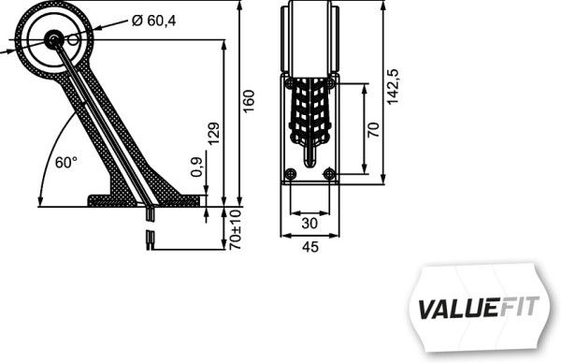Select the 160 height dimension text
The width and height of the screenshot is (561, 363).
pyautogui.click(x=248, y=100)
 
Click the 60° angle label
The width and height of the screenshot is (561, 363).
pyautogui.click(x=65, y=162)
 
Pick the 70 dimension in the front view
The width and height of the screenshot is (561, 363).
pyautogui.click(x=374, y=128)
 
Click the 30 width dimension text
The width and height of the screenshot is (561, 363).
pyautogui.click(x=309, y=225)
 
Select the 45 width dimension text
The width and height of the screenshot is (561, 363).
pyautogui.click(x=309, y=247)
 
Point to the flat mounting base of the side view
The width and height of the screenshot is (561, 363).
pyautogui.click(x=145, y=199)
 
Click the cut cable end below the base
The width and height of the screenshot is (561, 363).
pyautogui.click(x=151, y=241)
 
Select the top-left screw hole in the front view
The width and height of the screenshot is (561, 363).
pyautogui.click(x=291, y=83)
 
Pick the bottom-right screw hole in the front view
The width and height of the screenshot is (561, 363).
pyautogui.click(x=328, y=174)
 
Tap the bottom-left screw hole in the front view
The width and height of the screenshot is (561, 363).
pyautogui.click(x=291, y=174)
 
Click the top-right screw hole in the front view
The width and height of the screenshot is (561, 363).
pyautogui.click(x=329, y=83)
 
